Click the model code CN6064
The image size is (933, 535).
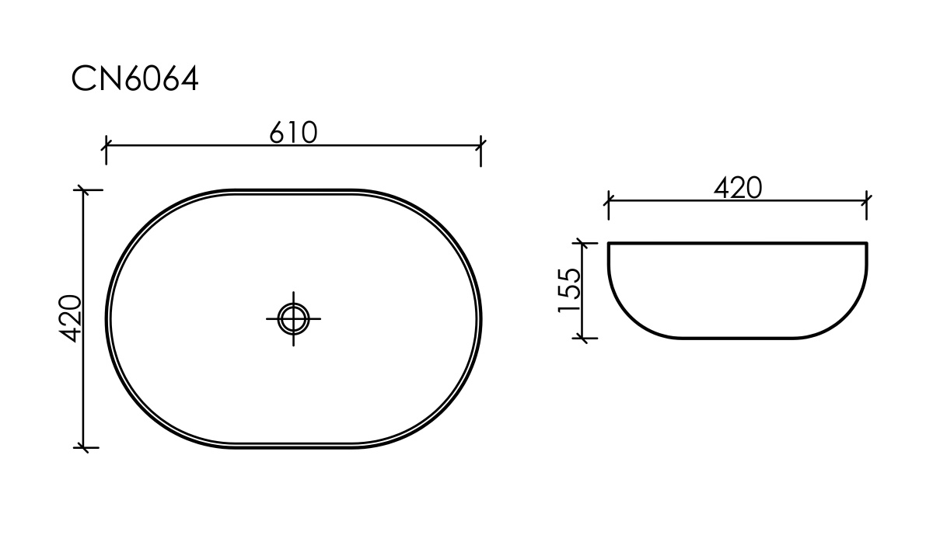(x=135, y=78)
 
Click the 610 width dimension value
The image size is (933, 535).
(x=293, y=133)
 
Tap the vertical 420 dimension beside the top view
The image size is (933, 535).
(x=69, y=318)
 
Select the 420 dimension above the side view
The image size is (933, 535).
(x=738, y=188)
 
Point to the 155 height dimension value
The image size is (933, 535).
(x=568, y=290)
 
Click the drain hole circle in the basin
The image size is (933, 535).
(x=294, y=318)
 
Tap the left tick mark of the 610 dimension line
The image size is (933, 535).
(x=107, y=146)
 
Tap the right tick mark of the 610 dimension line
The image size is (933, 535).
(x=481, y=146)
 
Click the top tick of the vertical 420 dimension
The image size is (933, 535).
(x=84, y=190)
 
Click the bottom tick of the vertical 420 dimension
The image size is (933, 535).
(x=84, y=447)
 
